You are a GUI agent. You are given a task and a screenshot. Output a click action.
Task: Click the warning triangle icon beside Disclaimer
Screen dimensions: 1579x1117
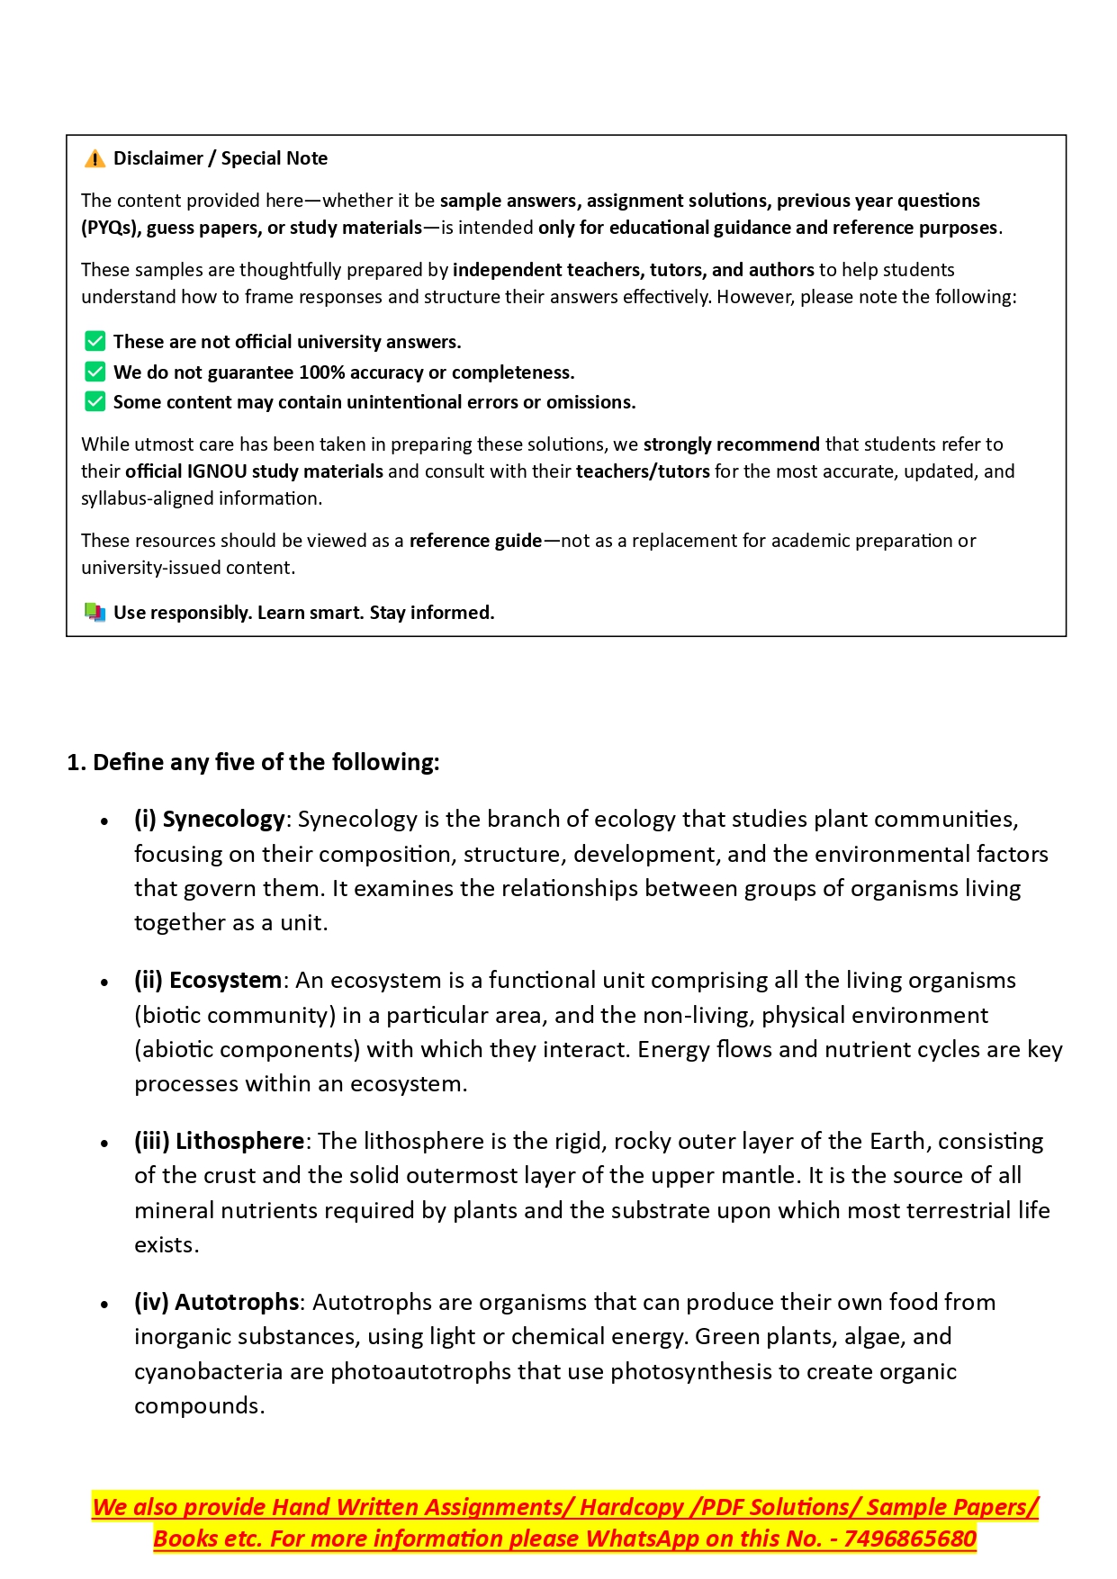pos(95,159)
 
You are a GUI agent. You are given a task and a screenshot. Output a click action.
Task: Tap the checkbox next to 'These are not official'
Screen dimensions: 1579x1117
pos(95,341)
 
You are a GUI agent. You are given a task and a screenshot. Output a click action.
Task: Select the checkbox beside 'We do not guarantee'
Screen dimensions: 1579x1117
pos(95,372)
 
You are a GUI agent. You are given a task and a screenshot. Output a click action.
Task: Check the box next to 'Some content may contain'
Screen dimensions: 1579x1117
pos(95,401)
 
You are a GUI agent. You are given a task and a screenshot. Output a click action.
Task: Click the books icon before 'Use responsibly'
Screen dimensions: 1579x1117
pos(95,613)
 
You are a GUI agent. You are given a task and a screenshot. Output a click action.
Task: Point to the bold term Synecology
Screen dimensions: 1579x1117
pos(223,819)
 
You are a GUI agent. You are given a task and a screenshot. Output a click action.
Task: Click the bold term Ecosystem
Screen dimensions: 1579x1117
pos(225,980)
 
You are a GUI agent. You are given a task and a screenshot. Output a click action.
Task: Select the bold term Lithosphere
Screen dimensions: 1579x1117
pos(239,1141)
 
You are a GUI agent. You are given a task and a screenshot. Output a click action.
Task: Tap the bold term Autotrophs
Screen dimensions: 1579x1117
pos(237,1302)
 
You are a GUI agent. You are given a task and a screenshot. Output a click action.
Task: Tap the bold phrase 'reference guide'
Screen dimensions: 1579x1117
pos(475,541)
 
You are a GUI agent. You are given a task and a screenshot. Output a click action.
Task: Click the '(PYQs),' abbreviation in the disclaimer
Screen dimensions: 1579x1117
pos(111,228)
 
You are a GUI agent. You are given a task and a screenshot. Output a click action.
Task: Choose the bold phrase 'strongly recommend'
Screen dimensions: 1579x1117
pos(731,444)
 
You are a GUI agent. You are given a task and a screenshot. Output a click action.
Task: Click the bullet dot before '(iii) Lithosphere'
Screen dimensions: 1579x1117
pos(104,1144)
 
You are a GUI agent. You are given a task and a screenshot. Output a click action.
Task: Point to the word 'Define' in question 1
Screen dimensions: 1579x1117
pos(129,762)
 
